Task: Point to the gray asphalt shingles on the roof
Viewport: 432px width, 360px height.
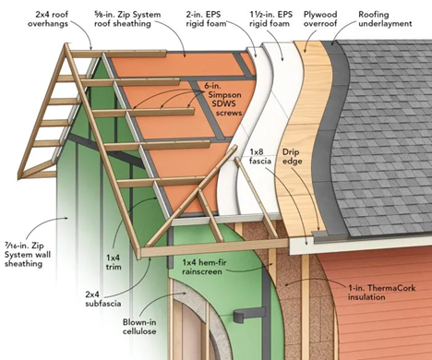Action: (x=388, y=138)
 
